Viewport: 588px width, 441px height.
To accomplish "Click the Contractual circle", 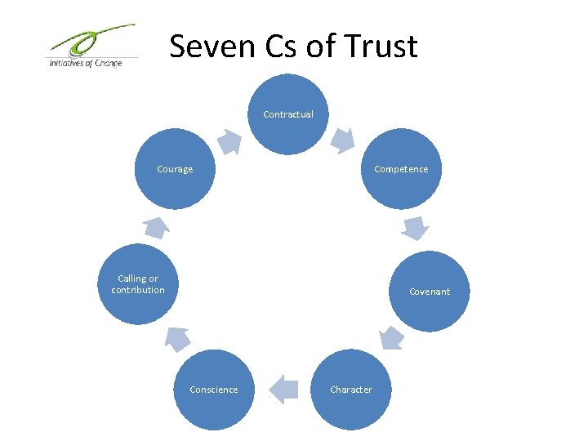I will point(287,114).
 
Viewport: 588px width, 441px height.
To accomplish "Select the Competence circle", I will point(400,169).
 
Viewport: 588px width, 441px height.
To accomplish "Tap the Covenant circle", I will point(429,291).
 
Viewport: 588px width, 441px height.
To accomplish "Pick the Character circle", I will point(351,390).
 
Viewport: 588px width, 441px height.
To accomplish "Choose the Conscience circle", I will point(214,390).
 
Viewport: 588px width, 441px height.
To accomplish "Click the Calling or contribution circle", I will point(138,284).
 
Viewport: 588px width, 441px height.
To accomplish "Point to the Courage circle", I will point(175,169).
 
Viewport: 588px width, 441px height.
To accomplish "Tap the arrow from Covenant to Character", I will point(392,337).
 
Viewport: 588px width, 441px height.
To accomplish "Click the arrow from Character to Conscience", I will point(283,389).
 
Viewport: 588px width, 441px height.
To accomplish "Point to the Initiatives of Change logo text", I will point(85,62).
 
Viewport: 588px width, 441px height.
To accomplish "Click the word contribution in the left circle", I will point(138,290).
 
